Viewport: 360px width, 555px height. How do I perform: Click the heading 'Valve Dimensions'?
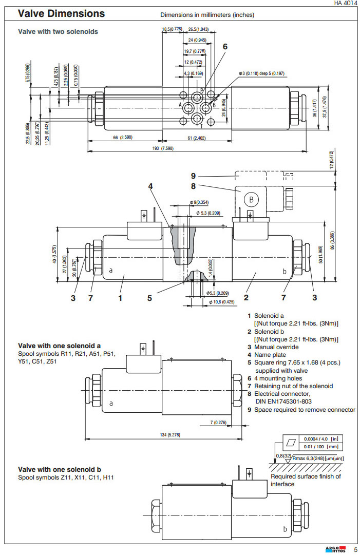[61, 14]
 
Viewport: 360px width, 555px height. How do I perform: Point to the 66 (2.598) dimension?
[122, 138]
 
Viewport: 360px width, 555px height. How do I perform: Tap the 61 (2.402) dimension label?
[196, 138]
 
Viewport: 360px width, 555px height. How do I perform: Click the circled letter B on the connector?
[251, 200]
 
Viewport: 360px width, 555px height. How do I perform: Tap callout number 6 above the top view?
[224, 47]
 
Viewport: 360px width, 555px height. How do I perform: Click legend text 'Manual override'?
[278, 347]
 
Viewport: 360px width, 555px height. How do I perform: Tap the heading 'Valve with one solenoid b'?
[60, 469]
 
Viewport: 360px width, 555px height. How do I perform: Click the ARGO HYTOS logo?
[337, 550]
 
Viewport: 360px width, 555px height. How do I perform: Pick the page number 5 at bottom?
[355, 550]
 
